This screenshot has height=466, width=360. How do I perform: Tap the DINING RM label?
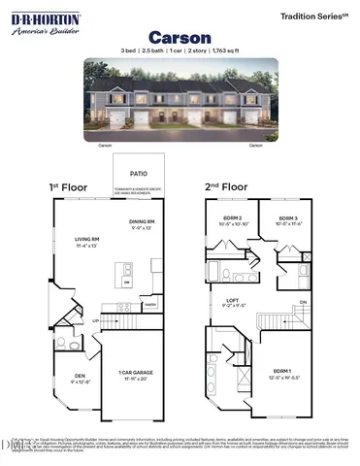pyautogui.click(x=143, y=226)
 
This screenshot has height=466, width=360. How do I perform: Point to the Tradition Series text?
pyautogui.click(x=313, y=17)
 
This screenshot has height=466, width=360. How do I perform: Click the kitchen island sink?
pyautogui.click(x=127, y=283)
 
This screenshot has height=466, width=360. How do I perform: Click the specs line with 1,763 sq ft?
pyautogui.click(x=179, y=49)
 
